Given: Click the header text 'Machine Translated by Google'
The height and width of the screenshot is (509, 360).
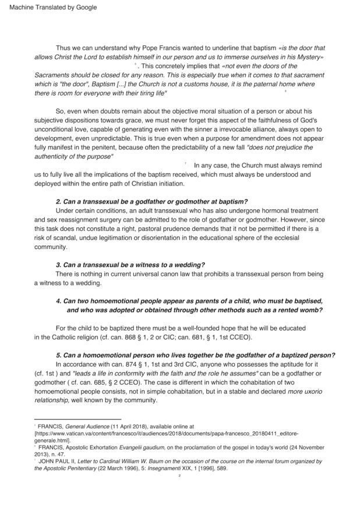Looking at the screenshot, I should click(50, 8).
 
